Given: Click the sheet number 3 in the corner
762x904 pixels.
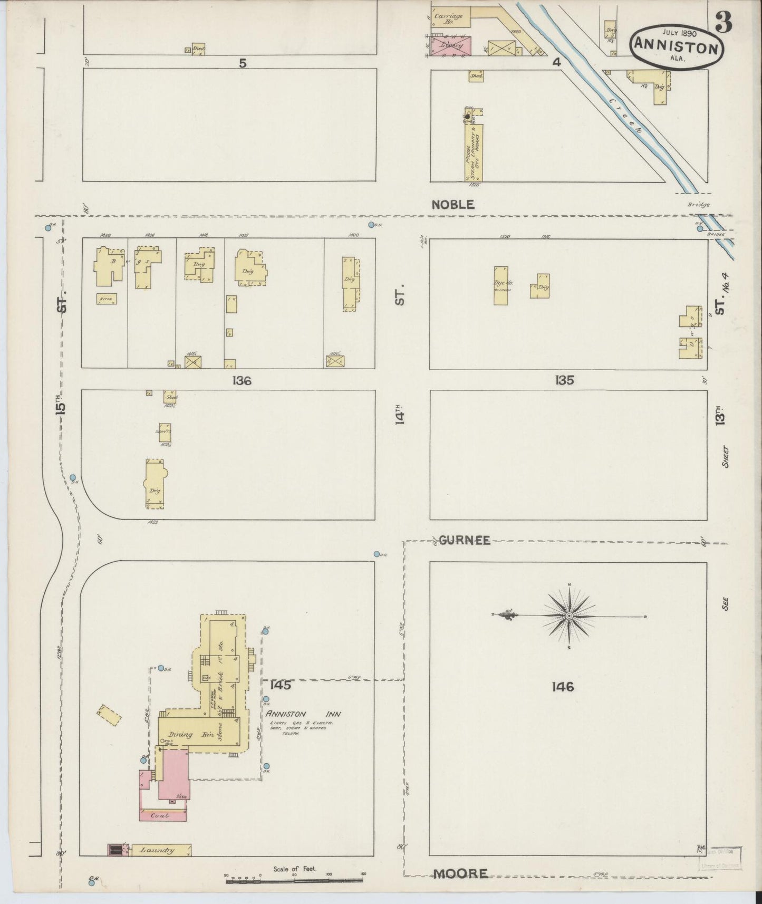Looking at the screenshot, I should point(724,23).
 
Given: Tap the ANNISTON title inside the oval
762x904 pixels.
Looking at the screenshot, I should point(677,47).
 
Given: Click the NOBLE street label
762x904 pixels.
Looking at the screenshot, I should point(453,205).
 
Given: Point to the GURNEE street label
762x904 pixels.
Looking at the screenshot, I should point(465,540).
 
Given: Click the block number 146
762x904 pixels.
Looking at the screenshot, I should point(563,687).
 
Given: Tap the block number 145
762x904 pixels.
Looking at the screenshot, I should point(281,685).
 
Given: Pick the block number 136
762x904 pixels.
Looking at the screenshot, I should point(241,380).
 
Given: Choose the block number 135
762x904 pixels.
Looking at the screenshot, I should point(564,380).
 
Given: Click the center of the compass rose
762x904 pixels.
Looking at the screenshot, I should point(570,616).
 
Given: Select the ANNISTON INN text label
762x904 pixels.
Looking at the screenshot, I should point(303,714).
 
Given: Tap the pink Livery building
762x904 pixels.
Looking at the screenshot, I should point(451,45).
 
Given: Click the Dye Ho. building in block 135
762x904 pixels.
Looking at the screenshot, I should point(501,285).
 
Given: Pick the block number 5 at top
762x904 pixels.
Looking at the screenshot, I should point(243,63).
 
